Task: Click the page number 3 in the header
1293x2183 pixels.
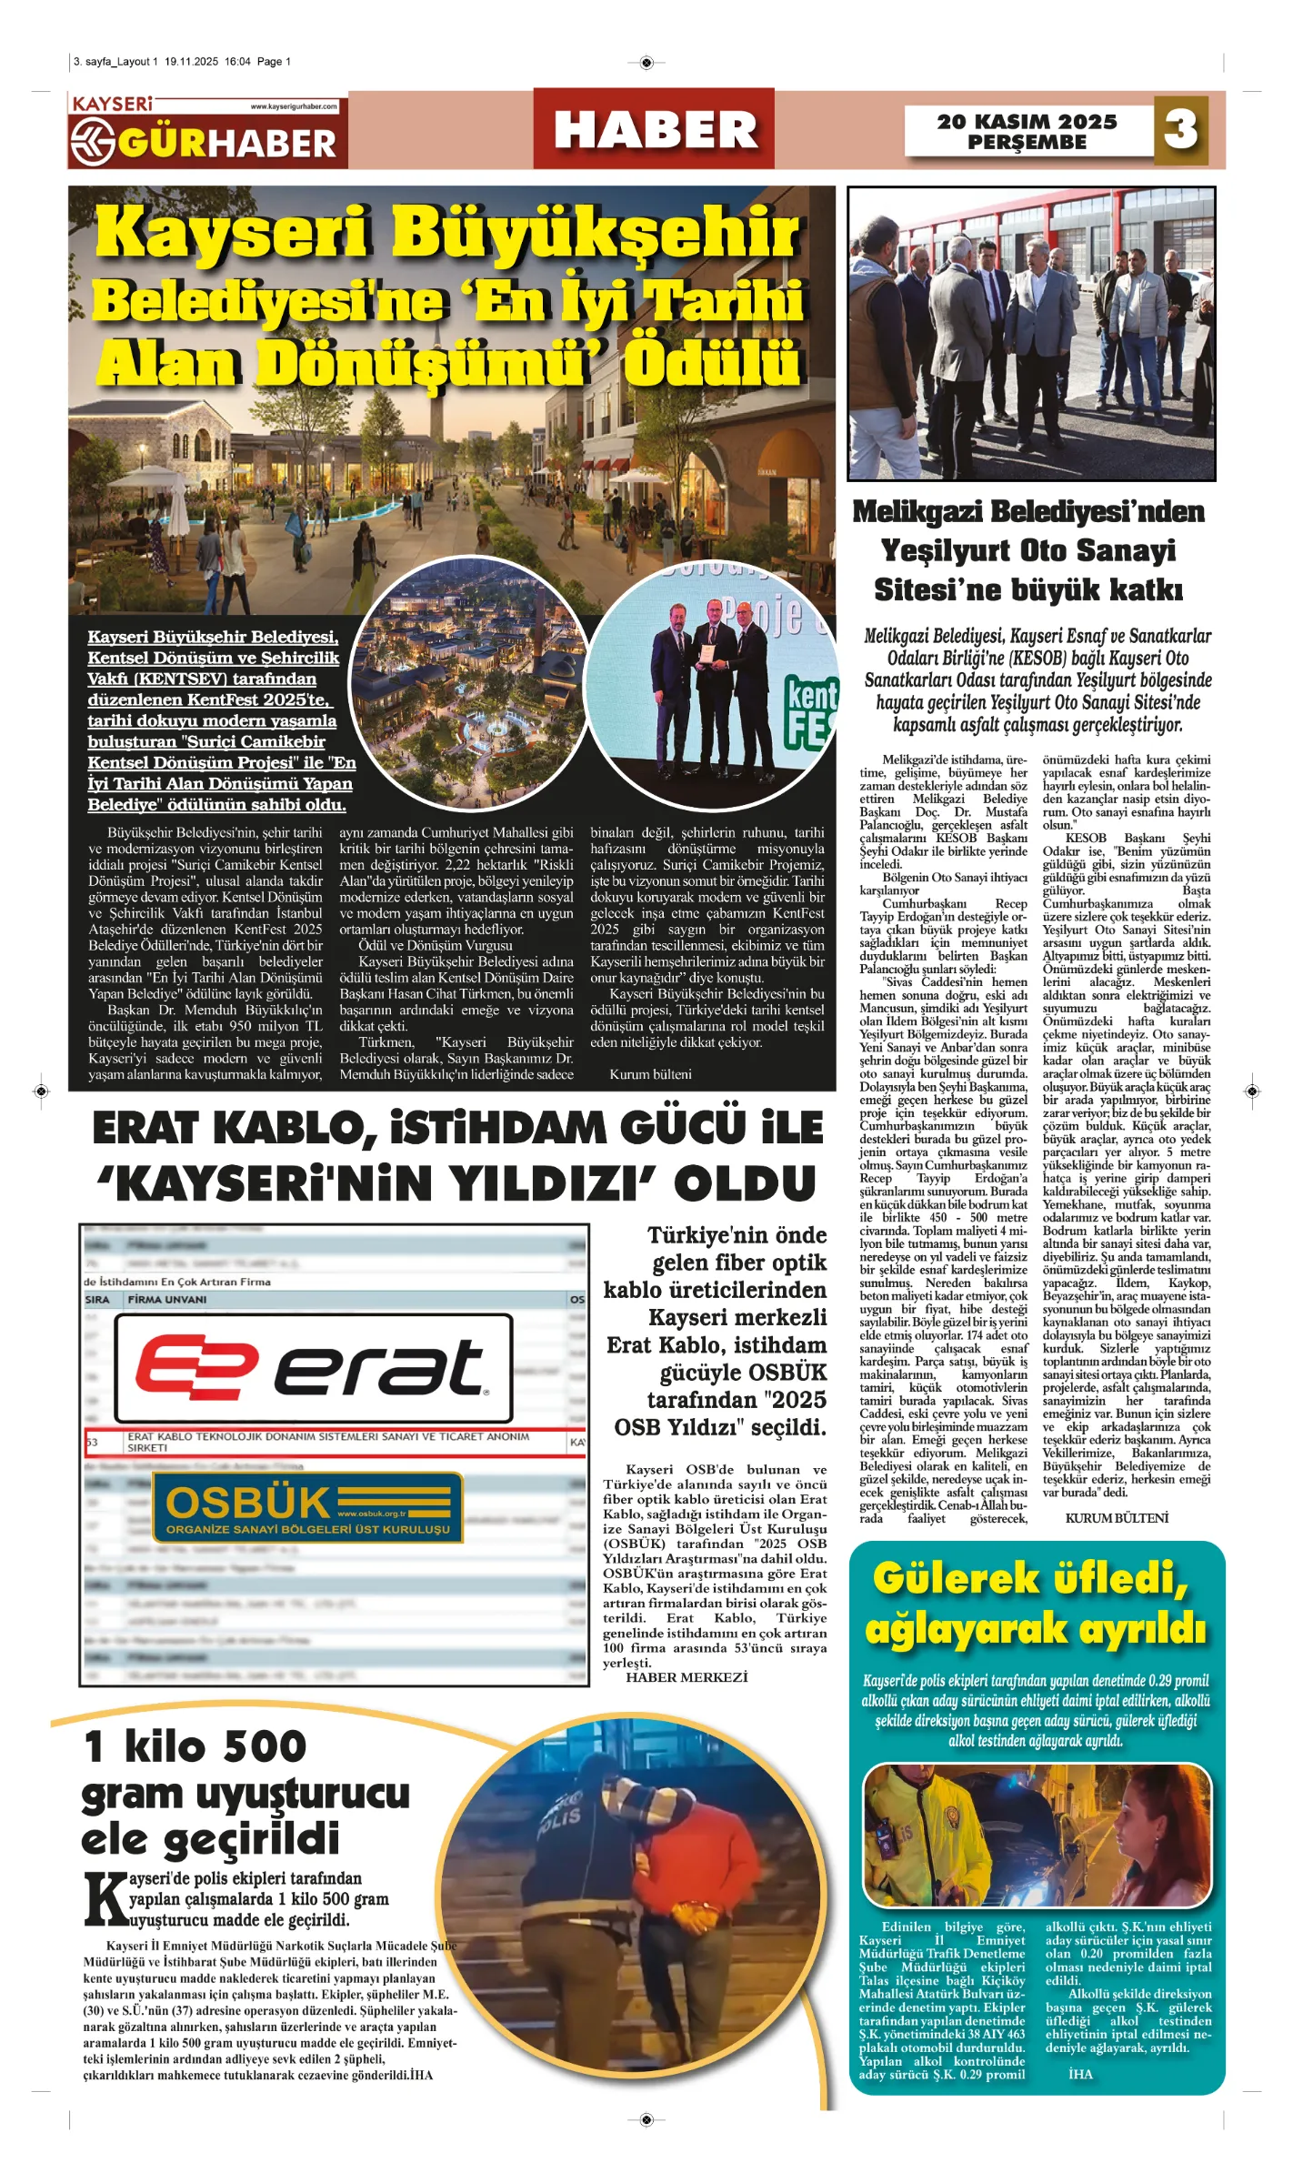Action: click(x=1180, y=129)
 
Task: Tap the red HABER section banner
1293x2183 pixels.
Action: click(x=654, y=129)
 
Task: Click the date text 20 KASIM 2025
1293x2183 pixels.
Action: click(x=1027, y=121)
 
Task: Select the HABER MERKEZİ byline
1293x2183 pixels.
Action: click(x=687, y=1676)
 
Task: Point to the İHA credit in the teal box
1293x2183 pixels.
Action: click(x=1081, y=2074)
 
